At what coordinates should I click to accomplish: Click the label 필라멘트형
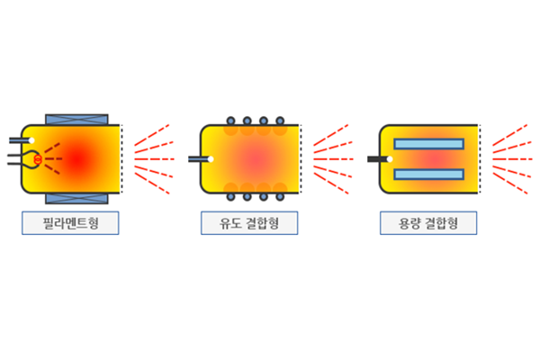coord(70,222)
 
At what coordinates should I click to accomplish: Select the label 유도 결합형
coord(248,222)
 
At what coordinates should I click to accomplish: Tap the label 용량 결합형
coord(427,222)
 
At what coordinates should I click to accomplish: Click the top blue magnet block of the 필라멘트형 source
coord(76,120)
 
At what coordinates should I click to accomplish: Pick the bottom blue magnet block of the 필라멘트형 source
coord(76,197)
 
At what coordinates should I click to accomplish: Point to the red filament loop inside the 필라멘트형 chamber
coord(37,159)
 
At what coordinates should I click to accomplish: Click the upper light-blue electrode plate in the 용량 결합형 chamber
coord(429,144)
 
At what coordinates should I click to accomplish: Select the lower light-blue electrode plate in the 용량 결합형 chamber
coord(429,174)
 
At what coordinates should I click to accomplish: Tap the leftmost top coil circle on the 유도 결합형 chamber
coord(231,121)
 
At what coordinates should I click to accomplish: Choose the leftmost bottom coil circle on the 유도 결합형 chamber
coord(231,197)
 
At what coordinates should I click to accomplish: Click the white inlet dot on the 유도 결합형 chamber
coord(210,159)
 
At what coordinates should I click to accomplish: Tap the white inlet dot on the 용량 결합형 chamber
coord(389,159)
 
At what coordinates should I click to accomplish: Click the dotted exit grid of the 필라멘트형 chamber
coord(122,159)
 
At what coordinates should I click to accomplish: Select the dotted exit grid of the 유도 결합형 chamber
coord(301,159)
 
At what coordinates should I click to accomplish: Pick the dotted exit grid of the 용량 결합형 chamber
coord(480,159)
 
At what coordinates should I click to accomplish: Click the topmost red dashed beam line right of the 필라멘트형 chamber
coord(150,132)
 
